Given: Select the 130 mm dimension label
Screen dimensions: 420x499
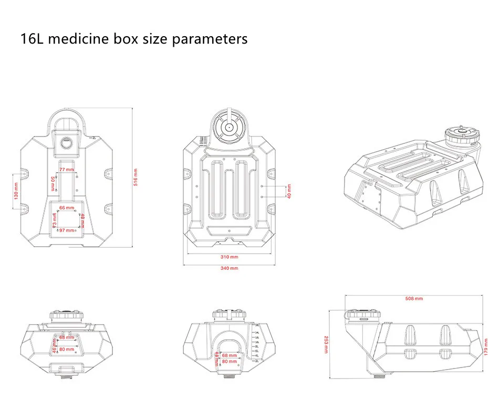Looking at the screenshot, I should point(16,191).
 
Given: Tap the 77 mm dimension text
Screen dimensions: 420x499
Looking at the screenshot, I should point(66,170).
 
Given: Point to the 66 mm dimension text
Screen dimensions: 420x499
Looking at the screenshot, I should point(66,208).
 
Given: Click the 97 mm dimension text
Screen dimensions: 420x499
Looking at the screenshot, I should point(66,230).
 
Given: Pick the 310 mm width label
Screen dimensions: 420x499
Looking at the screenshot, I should point(230,257).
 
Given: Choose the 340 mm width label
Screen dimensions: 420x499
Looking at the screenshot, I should point(230,268).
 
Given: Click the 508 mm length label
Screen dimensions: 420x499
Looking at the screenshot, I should point(414,299).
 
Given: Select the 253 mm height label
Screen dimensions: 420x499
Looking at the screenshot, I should point(327,344).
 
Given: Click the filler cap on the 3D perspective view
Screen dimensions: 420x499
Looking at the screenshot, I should point(462,134).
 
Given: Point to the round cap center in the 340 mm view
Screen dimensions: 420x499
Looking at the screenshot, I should point(229,127).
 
